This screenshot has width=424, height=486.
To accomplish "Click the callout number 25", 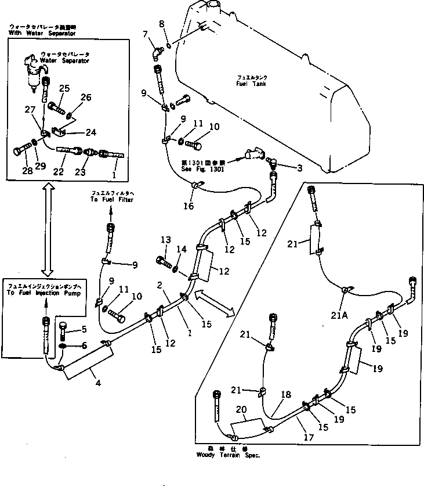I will coord(64,88).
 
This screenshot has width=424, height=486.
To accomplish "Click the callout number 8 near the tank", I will coord(162,24).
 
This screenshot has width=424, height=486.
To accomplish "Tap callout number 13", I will coord(166,240).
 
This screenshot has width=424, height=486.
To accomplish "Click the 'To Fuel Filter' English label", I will coord(111,200).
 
